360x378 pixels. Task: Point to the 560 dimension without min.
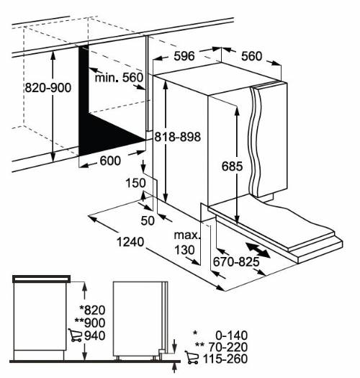coord(251,55)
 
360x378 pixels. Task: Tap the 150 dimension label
coord(133,184)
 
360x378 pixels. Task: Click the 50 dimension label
coord(148,220)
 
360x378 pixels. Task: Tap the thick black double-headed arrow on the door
coord(258,251)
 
